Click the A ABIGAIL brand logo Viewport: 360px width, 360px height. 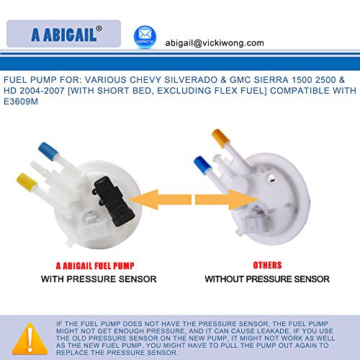click(64, 35)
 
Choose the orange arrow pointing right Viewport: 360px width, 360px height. click(220, 198)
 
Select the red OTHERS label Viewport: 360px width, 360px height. click(266, 264)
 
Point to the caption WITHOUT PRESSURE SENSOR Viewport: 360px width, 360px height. click(266, 279)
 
